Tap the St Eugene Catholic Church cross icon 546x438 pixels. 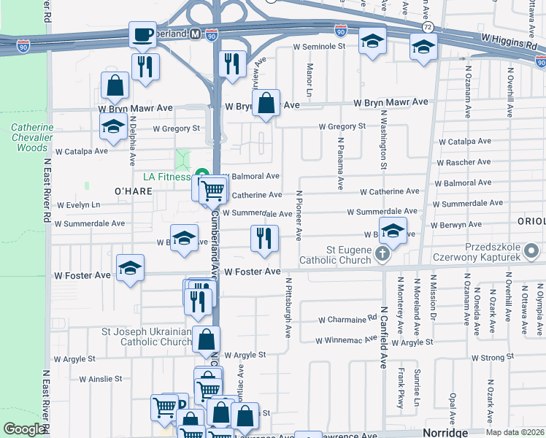click(x=381, y=255)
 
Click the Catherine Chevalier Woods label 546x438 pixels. click(x=32, y=137)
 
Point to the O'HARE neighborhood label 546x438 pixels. click(x=133, y=191)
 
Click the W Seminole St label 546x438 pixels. click(x=318, y=46)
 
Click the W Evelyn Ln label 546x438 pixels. click(x=78, y=205)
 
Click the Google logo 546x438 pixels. click(x=24, y=429)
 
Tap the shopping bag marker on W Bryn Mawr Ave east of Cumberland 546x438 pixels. click(x=267, y=104)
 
